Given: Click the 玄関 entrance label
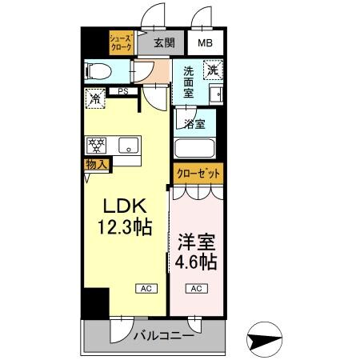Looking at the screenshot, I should coord(163,43).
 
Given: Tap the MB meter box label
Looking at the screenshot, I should coord(206,43).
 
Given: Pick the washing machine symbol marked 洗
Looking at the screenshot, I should coord(212,70).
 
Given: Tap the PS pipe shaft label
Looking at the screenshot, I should coord(122,92).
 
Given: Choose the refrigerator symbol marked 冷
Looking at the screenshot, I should coord(94,100).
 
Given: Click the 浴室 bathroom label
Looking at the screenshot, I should coord(195,124).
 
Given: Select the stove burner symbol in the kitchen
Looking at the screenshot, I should coord(97,146).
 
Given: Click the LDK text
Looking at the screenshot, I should coord(121,206).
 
